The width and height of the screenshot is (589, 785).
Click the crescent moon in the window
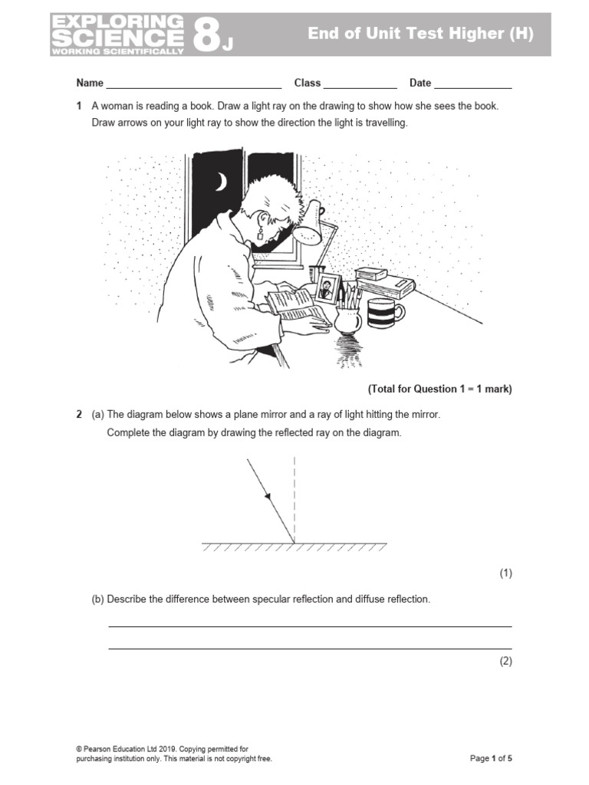point(221,182)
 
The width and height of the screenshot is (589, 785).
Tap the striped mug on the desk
point(384,313)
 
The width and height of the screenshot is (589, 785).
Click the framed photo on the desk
point(328,287)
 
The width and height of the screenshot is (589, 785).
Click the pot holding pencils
point(347,320)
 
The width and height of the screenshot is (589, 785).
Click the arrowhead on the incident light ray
point(268,498)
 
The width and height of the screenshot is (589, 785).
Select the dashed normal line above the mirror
point(294,491)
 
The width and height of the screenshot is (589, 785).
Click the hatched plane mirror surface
point(294,547)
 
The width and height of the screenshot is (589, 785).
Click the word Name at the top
point(89,83)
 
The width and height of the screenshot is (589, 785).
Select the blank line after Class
point(360,86)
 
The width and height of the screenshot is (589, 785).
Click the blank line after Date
point(473,86)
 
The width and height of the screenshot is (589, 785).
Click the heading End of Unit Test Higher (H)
point(420,34)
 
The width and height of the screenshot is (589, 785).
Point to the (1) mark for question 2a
point(505,573)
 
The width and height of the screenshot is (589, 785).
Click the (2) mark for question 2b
point(505,661)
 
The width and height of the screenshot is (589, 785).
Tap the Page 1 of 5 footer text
point(491,758)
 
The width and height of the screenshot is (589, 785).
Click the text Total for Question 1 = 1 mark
point(439,389)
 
